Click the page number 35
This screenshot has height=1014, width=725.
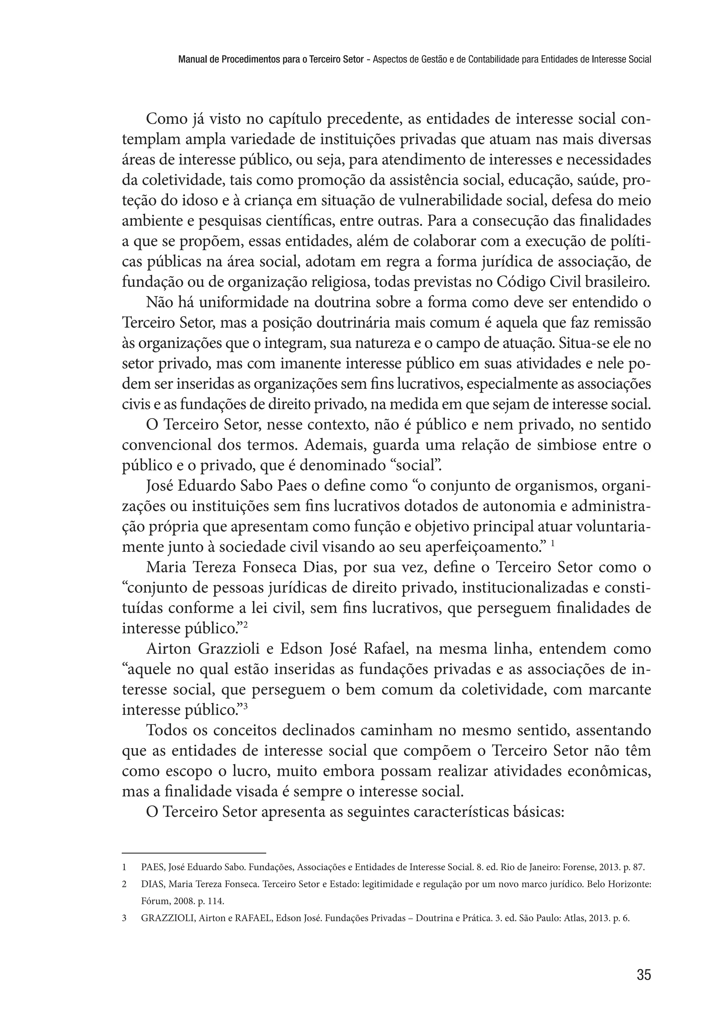644,974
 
